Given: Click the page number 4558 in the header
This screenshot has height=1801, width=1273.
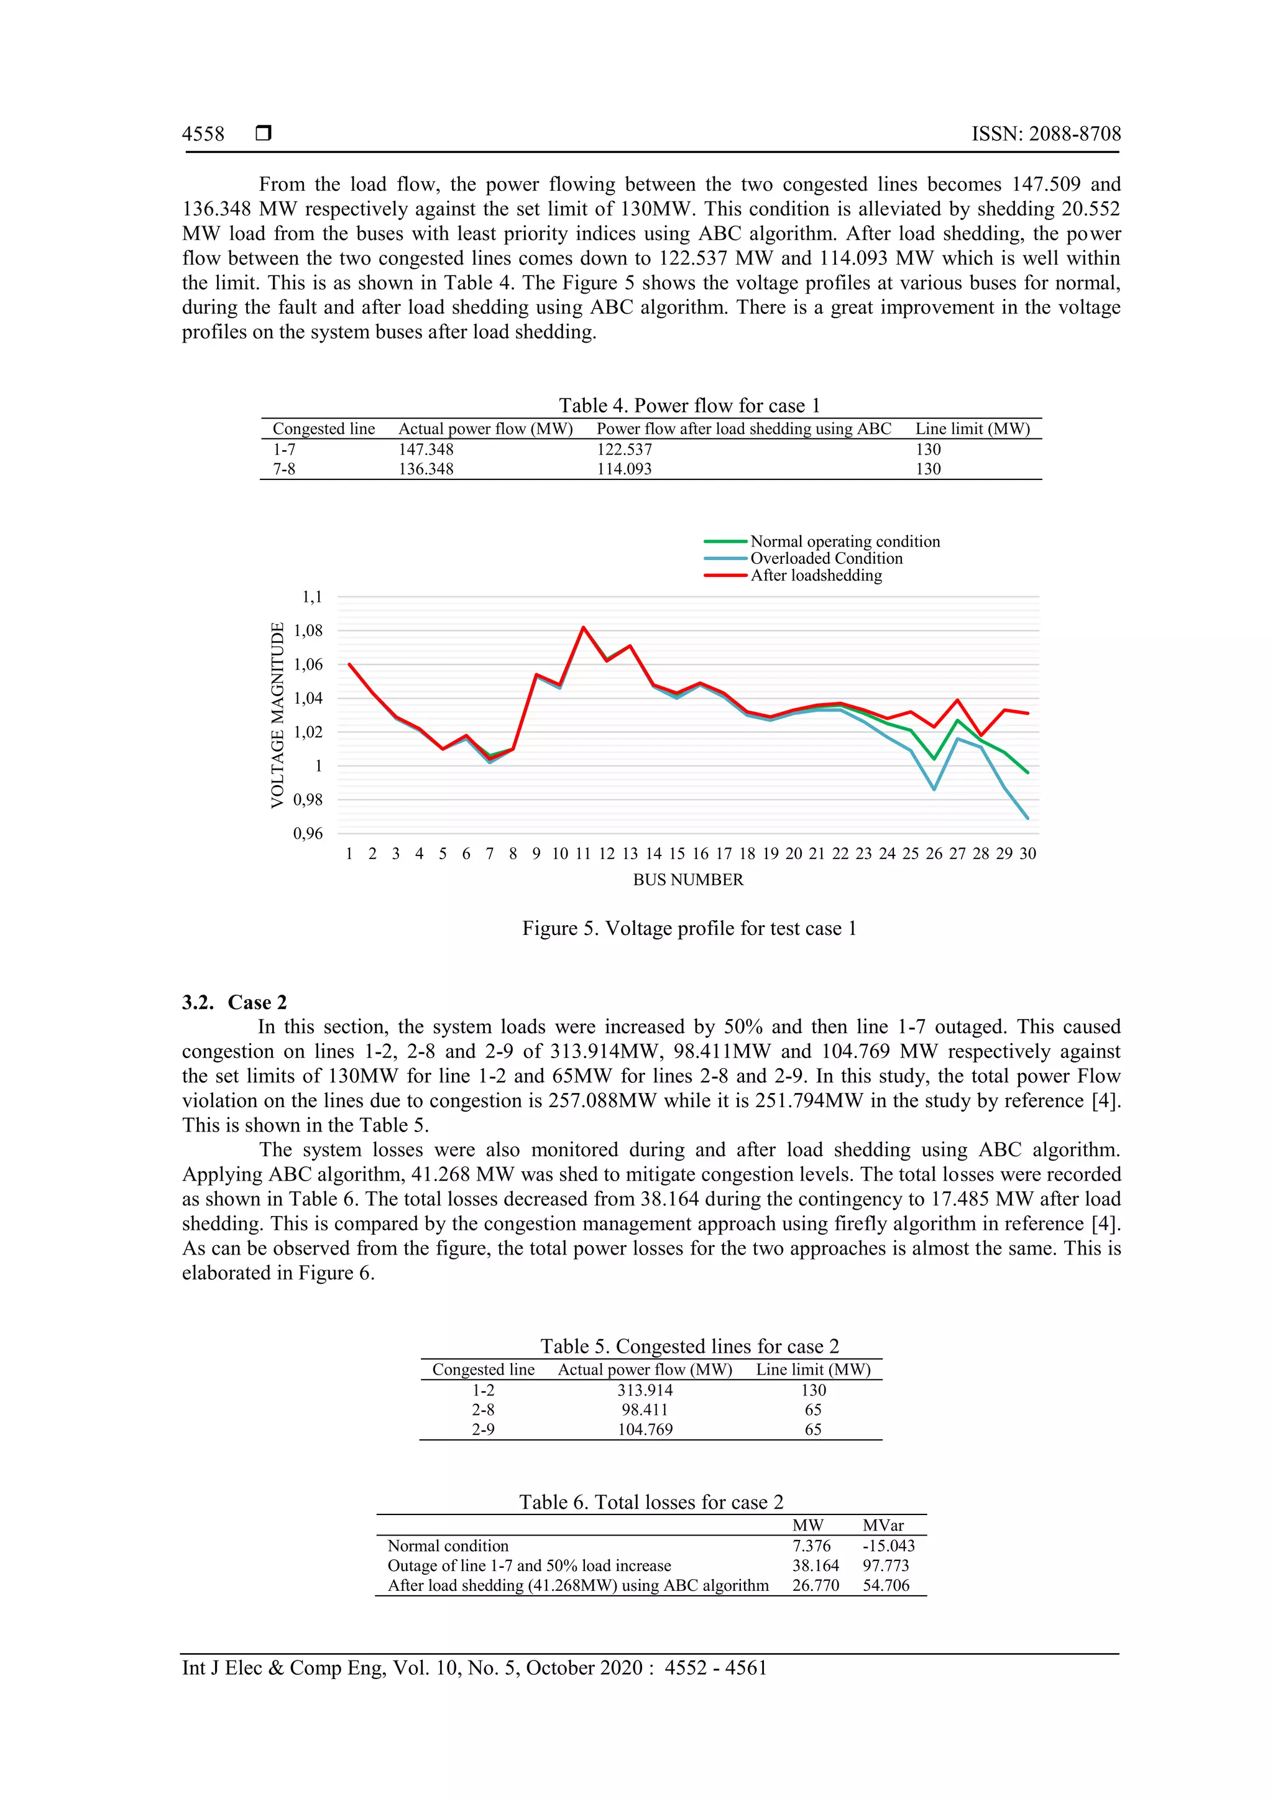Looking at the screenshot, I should coord(203,134).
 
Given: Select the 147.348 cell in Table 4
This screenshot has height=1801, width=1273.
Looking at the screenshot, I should coord(426,449).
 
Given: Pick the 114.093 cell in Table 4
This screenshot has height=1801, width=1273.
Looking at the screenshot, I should coord(623,469).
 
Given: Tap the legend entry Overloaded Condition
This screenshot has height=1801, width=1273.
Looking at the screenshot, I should coord(826,558).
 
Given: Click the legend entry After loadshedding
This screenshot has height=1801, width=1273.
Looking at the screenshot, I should coord(816,576).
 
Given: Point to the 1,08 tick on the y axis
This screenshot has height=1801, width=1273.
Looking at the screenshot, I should coord(308,630).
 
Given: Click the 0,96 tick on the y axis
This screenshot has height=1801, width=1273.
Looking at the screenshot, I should coord(308,834).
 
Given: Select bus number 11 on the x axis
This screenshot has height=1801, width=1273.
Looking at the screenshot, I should coord(583,854).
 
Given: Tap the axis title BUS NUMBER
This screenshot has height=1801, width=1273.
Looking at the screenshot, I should coord(688,880).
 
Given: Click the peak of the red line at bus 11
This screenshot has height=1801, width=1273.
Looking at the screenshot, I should coord(583,627).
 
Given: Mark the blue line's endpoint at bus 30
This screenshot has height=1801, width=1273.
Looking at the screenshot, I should coord(1027,818).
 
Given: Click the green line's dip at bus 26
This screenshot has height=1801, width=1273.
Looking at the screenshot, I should coord(934,758).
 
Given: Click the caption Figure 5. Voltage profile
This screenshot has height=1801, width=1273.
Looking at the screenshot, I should coord(689,929).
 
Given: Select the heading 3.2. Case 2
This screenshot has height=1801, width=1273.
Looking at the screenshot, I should coord(234,1003).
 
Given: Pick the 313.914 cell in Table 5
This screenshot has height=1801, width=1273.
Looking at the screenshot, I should coord(645,1391).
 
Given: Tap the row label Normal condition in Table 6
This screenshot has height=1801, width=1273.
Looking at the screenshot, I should coord(448,1546).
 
